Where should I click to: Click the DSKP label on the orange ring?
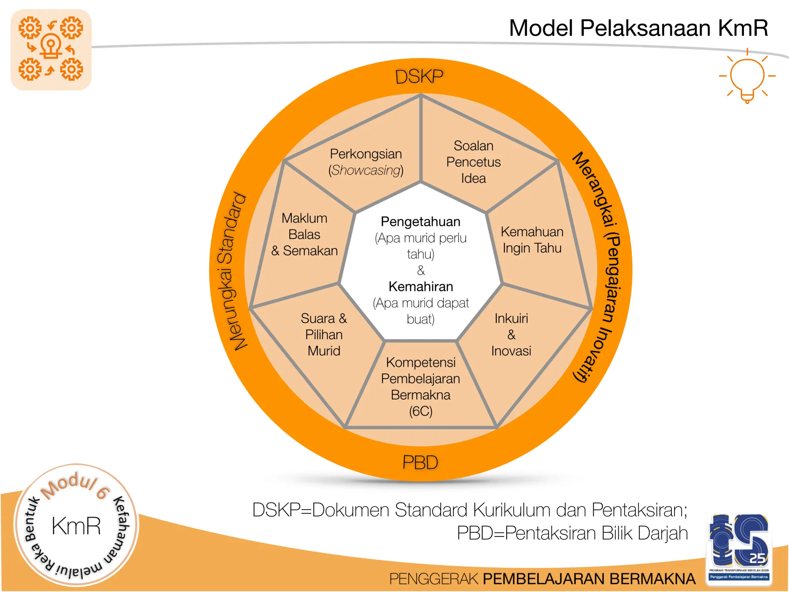pyautogui.click(x=419, y=77)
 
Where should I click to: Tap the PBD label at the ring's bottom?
pyautogui.click(x=420, y=462)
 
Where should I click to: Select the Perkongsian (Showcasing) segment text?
pyautogui.click(x=366, y=162)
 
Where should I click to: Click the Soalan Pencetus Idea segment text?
pyautogui.click(x=473, y=162)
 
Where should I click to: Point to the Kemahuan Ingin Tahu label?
pyautogui.click(x=532, y=240)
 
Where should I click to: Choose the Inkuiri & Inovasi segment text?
pyautogui.click(x=511, y=335)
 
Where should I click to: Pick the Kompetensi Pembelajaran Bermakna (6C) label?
pyautogui.click(x=420, y=387)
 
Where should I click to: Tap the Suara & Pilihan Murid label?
pyautogui.click(x=324, y=335)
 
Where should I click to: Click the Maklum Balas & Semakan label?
pyautogui.click(x=304, y=234)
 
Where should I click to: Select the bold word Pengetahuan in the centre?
pyautogui.click(x=420, y=222)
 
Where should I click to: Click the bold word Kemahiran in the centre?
pyautogui.click(x=420, y=287)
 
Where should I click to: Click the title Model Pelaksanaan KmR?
pyautogui.click(x=638, y=28)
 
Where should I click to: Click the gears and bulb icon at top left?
pyautogui.click(x=51, y=50)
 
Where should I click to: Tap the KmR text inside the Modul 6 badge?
pyautogui.click(x=76, y=526)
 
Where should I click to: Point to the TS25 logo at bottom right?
pyautogui.click(x=739, y=547)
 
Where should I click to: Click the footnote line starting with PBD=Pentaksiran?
pyautogui.click(x=572, y=533)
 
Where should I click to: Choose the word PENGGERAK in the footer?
pyautogui.click(x=434, y=579)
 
